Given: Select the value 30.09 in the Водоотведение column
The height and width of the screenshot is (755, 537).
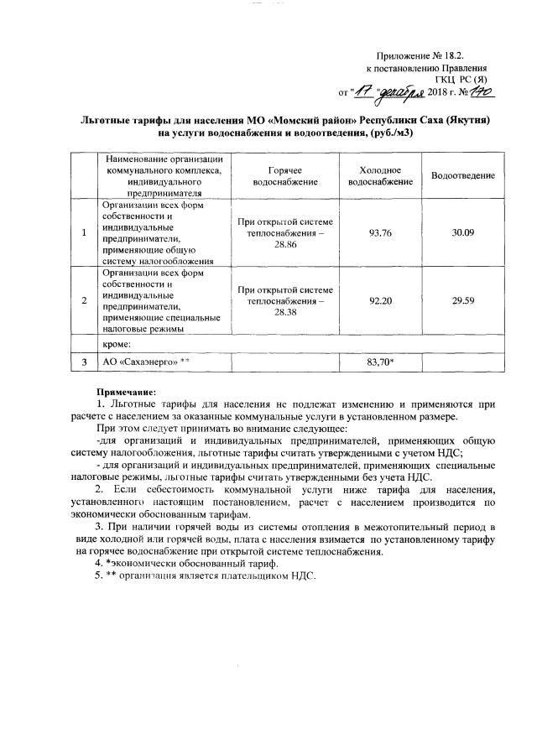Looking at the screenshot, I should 463,232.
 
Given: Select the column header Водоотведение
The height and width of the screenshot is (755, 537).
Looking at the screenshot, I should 463,174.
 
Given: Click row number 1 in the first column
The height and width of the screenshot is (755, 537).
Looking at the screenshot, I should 85,232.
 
